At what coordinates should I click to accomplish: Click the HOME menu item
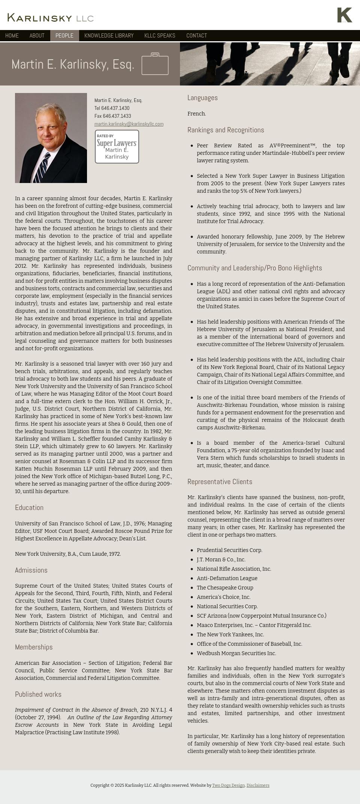pos(12,36)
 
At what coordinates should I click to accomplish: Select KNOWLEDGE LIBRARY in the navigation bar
pos(109,36)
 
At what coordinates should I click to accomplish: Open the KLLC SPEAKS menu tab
pos(160,36)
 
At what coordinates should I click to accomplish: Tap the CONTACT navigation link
pos(196,36)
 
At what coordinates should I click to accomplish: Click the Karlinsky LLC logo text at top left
pos(50,18)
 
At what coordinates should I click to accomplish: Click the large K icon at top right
pos(344,15)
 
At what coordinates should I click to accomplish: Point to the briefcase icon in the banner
pos(155,64)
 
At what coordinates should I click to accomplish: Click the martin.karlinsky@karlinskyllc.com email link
pos(129,124)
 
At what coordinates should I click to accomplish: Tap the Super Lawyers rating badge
pos(117,147)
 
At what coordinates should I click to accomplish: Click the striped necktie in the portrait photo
pos(42,167)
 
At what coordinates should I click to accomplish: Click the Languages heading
pos(202,98)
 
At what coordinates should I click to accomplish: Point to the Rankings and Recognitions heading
pos(225,130)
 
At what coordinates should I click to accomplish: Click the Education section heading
pos(29,508)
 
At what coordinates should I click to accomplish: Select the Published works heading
pos(38,694)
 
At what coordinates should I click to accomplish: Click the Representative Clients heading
pos(220,482)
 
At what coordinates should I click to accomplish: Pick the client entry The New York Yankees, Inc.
pos(230,634)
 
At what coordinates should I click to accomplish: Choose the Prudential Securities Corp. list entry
pos(229,550)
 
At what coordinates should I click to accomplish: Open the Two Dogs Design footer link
pos(228,785)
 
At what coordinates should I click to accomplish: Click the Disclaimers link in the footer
pos(258,785)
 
